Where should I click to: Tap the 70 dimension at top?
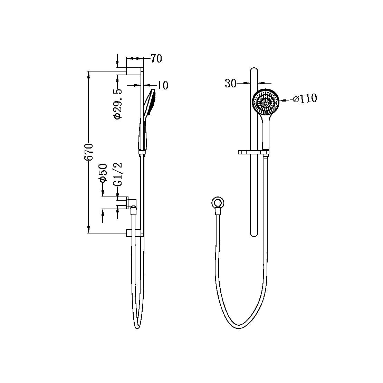click(x=156, y=59)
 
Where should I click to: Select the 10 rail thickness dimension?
click(x=162, y=85)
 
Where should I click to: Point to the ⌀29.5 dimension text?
click(x=118, y=104)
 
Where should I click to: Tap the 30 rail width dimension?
click(x=230, y=83)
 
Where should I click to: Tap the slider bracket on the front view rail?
click(x=253, y=152)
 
